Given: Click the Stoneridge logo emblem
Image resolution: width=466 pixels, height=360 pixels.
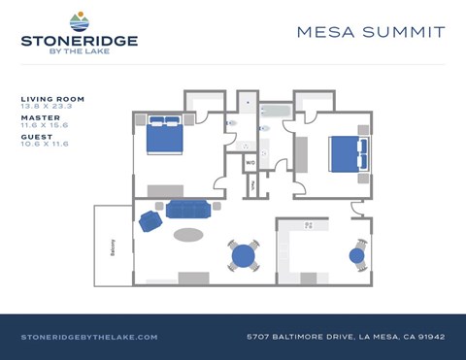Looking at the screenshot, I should [x=79, y=20].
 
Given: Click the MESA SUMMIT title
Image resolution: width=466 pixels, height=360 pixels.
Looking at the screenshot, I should [x=371, y=32].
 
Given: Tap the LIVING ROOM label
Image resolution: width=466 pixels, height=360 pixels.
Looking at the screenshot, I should [x=52, y=99].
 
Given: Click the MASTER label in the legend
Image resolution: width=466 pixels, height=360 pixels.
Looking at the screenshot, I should [x=40, y=118].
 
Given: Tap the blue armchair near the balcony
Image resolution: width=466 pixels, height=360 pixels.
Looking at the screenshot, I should [x=150, y=220].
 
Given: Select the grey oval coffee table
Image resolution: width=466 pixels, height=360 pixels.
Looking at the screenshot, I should [x=188, y=234].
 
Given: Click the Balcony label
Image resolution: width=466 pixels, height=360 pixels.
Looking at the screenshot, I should [x=114, y=246].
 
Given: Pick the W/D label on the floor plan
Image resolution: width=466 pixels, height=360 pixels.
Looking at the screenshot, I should [x=250, y=162].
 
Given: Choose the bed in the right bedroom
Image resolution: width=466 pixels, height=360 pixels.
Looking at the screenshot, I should [x=346, y=152].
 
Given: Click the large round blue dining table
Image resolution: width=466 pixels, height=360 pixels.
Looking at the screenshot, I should [x=244, y=256].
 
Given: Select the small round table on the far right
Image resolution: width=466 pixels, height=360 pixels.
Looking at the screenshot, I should [x=356, y=257].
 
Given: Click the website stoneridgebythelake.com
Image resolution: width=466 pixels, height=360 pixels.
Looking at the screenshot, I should [x=89, y=337].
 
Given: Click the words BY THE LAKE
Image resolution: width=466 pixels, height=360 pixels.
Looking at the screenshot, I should [x=79, y=53].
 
